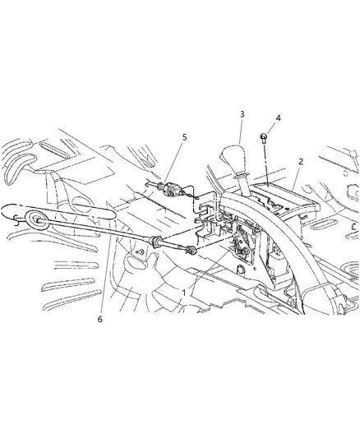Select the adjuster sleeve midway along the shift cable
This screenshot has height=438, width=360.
pos(158,243)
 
